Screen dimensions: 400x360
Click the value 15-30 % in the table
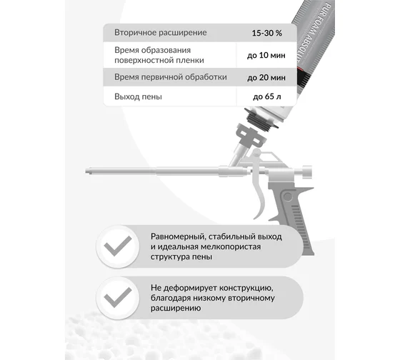[x=267, y=33]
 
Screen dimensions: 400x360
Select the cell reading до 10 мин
[x=266, y=55]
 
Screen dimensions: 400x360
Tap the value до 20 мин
[x=266, y=77]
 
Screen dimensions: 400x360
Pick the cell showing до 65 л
[x=267, y=96]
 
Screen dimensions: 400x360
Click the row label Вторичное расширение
[x=161, y=33]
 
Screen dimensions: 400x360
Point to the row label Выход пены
[x=138, y=96]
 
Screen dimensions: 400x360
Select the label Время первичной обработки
[x=171, y=77]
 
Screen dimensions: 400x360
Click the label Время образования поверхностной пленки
[x=159, y=55]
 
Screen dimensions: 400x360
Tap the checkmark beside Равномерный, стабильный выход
[x=118, y=246]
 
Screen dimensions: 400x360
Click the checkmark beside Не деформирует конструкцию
[x=118, y=297]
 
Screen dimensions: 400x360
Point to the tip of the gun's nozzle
[x=86, y=171]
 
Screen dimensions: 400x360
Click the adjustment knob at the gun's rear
[x=307, y=171]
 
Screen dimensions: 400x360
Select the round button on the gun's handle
[x=288, y=196]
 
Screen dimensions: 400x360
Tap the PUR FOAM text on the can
[x=322, y=21]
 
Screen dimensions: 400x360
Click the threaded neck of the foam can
[x=261, y=121]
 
